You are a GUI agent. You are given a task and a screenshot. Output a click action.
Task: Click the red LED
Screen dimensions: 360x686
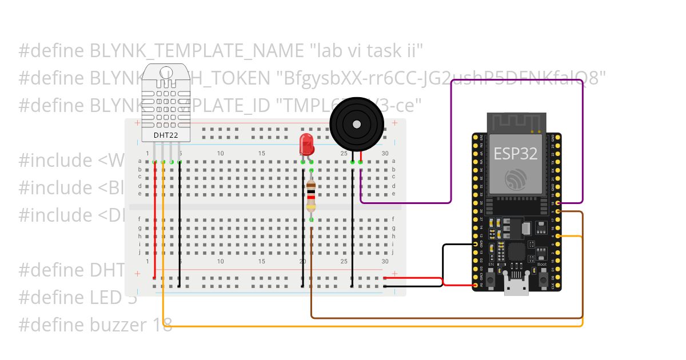(x=306, y=145)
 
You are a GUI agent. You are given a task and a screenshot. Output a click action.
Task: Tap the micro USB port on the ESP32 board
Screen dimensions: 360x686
(x=516, y=289)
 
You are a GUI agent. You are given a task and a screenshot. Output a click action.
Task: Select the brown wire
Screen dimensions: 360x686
(x=446, y=317)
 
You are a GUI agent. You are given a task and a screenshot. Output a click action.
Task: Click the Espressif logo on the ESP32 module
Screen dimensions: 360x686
(x=516, y=181)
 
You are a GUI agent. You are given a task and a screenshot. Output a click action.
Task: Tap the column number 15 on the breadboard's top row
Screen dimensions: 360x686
(x=262, y=153)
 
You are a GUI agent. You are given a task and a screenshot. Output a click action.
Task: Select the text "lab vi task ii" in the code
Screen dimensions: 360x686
(x=366, y=51)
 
